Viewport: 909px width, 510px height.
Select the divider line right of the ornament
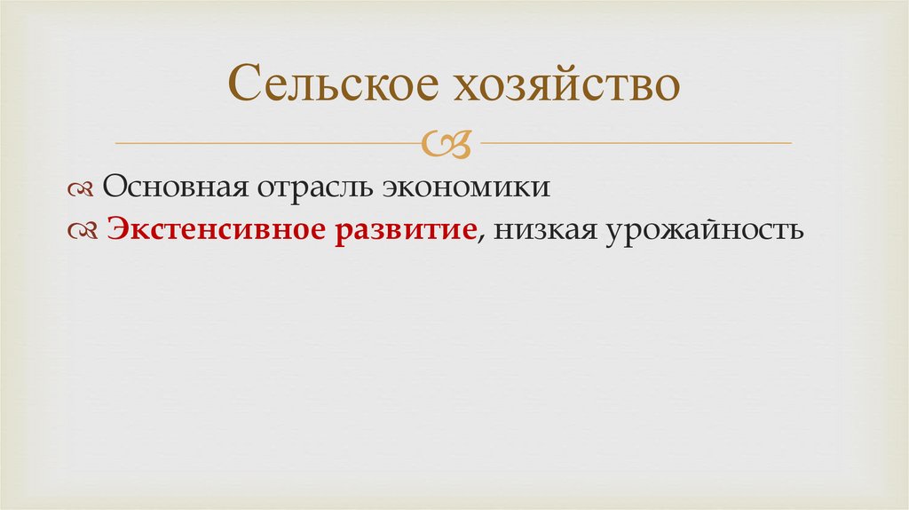tap(636, 142)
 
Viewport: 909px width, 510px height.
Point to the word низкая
tap(546, 229)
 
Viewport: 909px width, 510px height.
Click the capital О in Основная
tap(114, 187)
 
